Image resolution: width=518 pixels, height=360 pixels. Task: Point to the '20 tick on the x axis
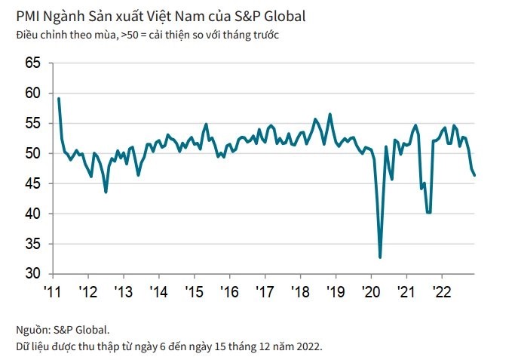pos(371,292)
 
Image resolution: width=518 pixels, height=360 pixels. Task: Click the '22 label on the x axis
pos(442,292)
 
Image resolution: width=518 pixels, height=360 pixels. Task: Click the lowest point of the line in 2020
pos(380,257)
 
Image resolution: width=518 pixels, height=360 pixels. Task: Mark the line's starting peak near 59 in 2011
pos(59,99)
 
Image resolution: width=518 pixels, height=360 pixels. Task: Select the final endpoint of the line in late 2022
pos(474,175)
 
